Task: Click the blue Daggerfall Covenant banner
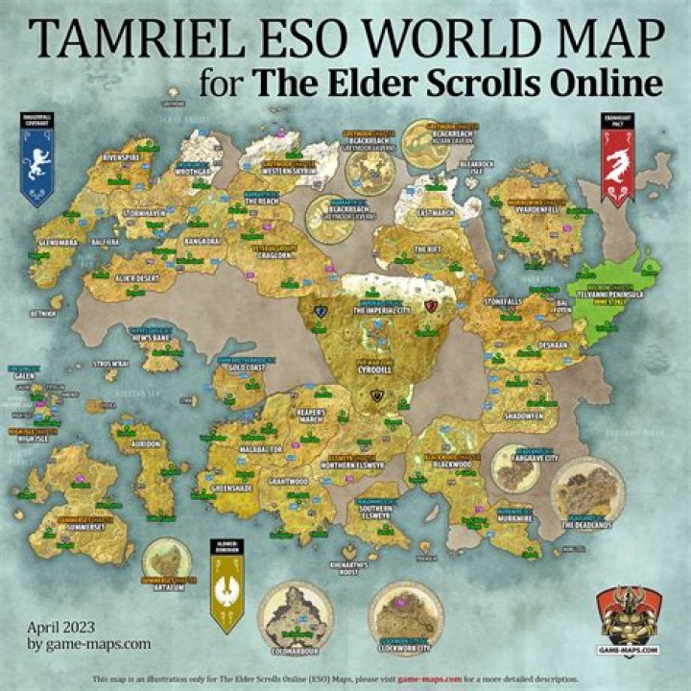point(36,159)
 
